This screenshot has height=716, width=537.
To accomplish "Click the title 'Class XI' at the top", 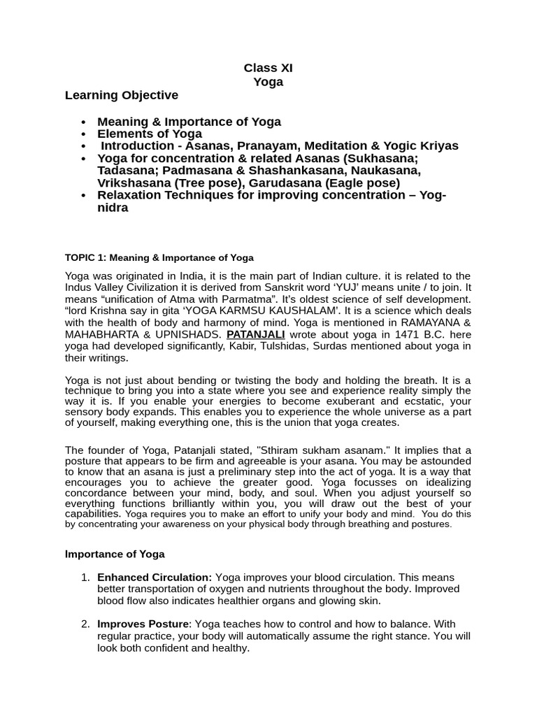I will (x=268, y=68).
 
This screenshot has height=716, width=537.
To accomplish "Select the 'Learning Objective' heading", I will (x=122, y=95).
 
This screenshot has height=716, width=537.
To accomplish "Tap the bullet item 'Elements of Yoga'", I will (x=150, y=134).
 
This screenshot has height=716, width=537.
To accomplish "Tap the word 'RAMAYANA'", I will (x=432, y=322).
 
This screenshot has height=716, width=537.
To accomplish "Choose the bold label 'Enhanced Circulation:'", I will (x=155, y=577).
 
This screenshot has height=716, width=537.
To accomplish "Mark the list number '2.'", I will (x=85, y=624).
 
